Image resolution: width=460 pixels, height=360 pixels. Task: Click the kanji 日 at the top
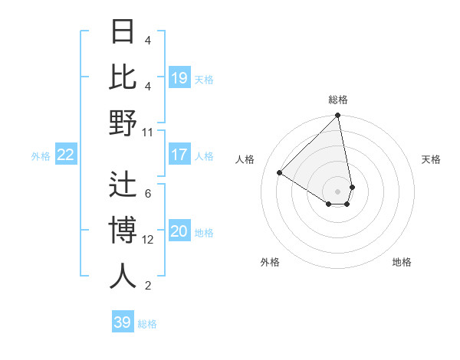pyautogui.click(x=123, y=33)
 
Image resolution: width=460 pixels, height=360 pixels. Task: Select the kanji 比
pyautogui.click(x=123, y=77)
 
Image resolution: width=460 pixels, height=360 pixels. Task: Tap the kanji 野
pyautogui.click(x=123, y=123)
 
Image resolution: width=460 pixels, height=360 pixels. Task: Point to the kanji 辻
pyautogui.click(x=123, y=185)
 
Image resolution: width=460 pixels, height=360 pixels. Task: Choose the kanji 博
pyautogui.click(x=123, y=231)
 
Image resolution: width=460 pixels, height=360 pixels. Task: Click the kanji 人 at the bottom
pyautogui.click(x=123, y=277)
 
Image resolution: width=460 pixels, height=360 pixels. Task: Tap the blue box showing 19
pyautogui.click(x=179, y=78)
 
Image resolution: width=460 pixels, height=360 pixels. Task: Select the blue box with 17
pyautogui.click(x=179, y=155)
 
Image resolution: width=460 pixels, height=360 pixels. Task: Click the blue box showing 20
pyautogui.click(x=179, y=232)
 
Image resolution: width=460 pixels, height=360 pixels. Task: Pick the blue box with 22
pyautogui.click(x=66, y=155)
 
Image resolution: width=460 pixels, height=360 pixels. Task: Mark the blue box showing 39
pyautogui.click(x=123, y=322)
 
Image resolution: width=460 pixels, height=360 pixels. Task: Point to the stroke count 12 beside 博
pyautogui.click(x=148, y=240)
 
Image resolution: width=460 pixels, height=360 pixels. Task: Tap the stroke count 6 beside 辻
pyautogui.click(x=148, y=193)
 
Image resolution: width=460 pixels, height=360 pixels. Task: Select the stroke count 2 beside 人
pyautogui.click(x=148, y=286)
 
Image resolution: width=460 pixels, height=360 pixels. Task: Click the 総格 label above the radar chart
pyautogui.click(x=338, y=100)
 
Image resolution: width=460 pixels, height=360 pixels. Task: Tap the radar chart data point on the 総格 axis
pyautogui.click(x=338, y=116)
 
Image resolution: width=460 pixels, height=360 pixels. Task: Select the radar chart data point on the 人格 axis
pyautogui.click(x=280, y=172)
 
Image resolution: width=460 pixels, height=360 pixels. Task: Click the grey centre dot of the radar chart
pyautogui.click(x=338, y=191)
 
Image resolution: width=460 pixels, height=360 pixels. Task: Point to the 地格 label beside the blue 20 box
pyautogui.click(x=205, y=233)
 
